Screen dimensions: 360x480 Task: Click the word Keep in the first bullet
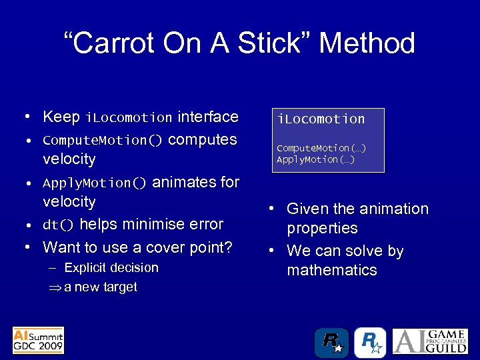point(61,117)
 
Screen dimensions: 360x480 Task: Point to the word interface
point(207,117)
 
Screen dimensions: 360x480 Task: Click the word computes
point(203,140)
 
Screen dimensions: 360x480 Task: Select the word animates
point(183,183)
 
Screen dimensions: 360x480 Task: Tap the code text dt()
point(58,225)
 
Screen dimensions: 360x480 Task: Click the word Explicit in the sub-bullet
point(87,268)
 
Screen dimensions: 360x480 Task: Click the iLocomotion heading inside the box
point(321,119)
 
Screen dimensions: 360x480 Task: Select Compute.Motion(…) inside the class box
point(321,148)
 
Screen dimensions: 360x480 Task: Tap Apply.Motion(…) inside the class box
point(315,159)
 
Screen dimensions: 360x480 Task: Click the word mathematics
point(332,270)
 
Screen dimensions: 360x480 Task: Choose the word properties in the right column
point(322,228)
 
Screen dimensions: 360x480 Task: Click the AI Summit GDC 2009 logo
point(39,340)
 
